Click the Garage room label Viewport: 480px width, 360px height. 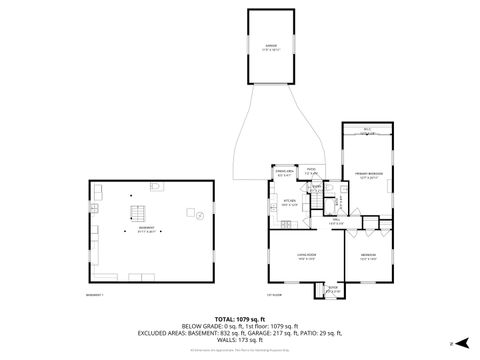pyautogui.click(x=271, y=47)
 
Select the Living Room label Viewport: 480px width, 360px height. pyautogui.click(x=306, y=257)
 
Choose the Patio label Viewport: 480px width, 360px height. pyautogui.click(x=311, y=171)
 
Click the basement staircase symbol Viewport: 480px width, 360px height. pyautogui.click(x=137, y=213)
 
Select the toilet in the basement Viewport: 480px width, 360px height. pyautogui.click(x=156, y=187)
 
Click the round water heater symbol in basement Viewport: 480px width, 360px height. pyautogui.click(x=200, y=214)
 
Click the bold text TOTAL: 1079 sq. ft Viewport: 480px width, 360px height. pyautogui.click(x=240, y=319)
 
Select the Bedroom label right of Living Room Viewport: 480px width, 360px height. pyautogui.click(x=368, y=256)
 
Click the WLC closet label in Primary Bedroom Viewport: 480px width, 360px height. pyautogui.click(x=367, y=131)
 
